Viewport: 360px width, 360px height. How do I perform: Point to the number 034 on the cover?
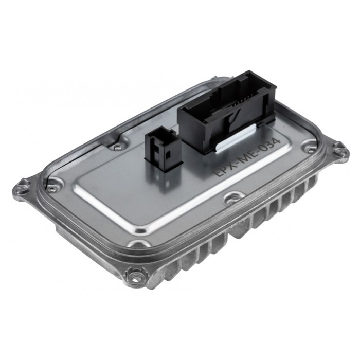point(269,146)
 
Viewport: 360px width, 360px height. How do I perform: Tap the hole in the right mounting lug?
point(339,150)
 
